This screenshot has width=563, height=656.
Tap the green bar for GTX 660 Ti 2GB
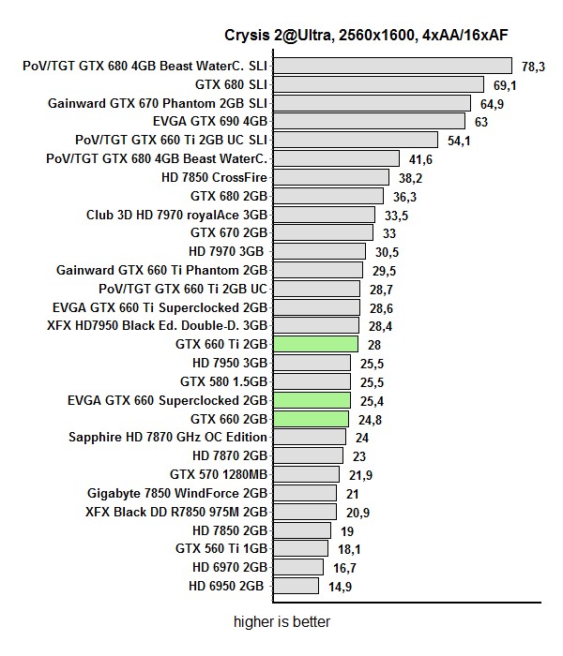click(315, 344)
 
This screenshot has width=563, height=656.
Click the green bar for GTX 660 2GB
click(311, 418)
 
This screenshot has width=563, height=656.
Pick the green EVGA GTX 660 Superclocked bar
click(312, 400)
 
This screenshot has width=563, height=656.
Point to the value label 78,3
click(534, 67)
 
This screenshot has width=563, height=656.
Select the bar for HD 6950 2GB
click(297, 586)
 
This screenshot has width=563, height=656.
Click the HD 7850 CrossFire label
click(215, 177)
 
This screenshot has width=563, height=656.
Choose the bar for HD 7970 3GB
click(319, 251)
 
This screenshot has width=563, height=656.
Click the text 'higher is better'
click(281, 620)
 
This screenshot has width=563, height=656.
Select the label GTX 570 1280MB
click(219, 474)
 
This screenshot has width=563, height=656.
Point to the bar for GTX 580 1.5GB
click(312, 381)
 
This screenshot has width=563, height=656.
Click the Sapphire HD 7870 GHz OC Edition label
click(168, 437)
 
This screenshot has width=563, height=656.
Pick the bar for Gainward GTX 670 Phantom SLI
click(373, 103)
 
